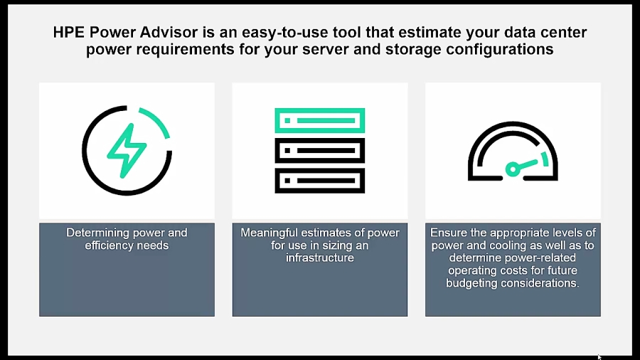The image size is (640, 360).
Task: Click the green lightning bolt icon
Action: point(127,149)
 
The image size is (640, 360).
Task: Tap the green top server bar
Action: point(320,120)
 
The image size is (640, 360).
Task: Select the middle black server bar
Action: point(320,150)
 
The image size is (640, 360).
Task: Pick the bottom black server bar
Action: point(320,181)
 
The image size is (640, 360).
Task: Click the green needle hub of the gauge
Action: point(512,169)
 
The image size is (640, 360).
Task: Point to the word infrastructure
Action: point(320,258)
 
